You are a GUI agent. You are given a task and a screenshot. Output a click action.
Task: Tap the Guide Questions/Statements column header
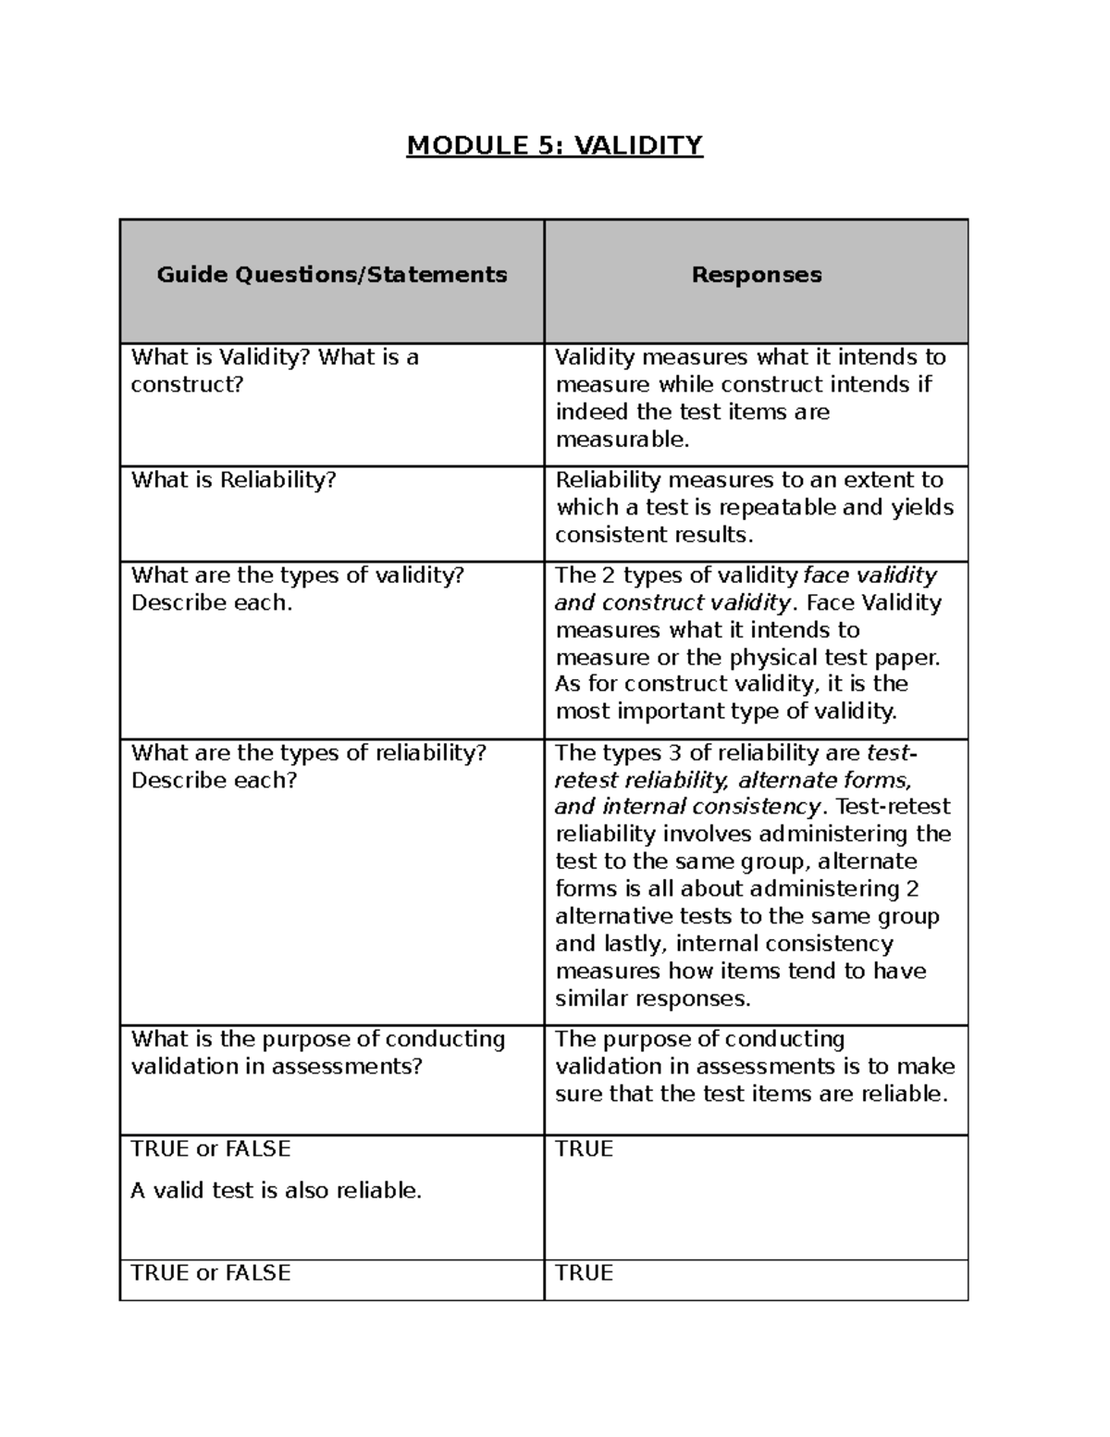[x=332, y=275]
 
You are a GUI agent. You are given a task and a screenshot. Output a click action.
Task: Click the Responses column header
[x=757, y=275]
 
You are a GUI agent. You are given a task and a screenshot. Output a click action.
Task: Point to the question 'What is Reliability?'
[x=233, y=479]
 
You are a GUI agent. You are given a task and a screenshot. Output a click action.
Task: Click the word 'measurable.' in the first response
[x=623, y=440]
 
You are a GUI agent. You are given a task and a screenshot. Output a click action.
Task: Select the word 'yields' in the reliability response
[x=922, y=507]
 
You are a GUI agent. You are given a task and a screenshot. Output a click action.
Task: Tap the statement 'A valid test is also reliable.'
[x=276, y=1191]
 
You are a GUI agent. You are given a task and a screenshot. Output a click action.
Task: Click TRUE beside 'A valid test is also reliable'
[x=584, y=1149]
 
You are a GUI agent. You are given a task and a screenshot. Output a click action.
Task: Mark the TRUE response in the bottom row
[x=584, y=1273]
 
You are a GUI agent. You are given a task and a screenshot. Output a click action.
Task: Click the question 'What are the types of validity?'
[x=297, y=576]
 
